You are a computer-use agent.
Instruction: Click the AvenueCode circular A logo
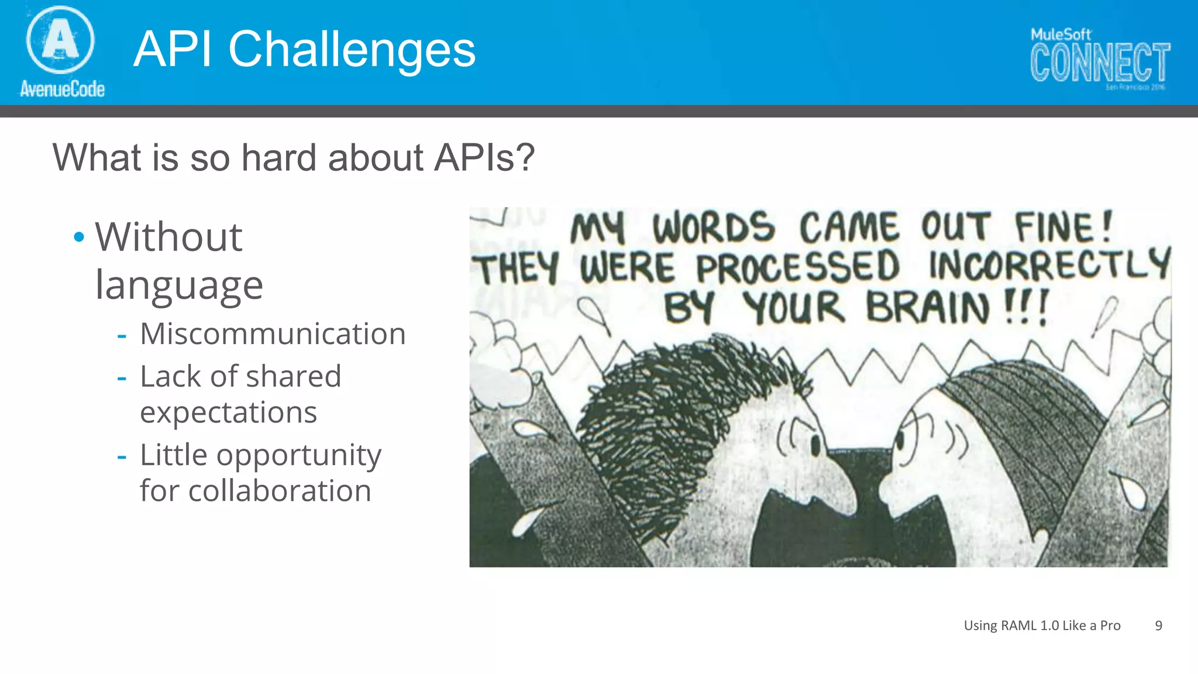tap(60, 39)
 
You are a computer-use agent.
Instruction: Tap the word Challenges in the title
tap(352, 50)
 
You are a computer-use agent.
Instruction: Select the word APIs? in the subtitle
tap(484, 158)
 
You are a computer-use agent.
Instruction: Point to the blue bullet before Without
tap(79, 238)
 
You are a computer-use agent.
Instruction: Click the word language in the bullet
tap(179, 286)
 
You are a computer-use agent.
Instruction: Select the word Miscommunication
tap(273, 334)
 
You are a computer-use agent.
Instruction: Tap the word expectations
tap(228, 412)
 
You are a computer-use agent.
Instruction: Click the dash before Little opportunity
tap(122, 456)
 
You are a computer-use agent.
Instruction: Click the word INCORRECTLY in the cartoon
tap(1049, 265)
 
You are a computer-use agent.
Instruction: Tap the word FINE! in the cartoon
tap(1063, 227)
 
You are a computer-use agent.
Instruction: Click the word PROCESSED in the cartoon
tap(797, 267)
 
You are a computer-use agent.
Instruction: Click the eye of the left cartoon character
tap(815, 446)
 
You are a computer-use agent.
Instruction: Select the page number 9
tap(1158, 625)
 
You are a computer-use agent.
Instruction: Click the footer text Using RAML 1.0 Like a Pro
tap(1042, 625)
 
